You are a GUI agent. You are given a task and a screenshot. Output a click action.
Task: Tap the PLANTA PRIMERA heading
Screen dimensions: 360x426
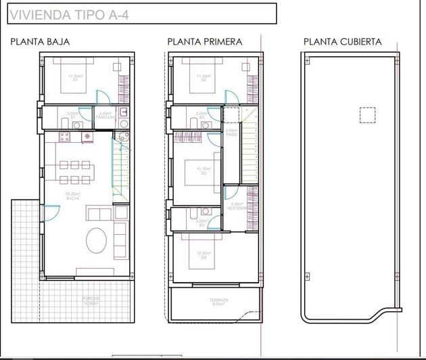pyautogui.click(x=205, y=42)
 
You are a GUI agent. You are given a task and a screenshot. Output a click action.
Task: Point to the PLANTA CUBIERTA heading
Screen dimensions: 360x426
pyautogui.click(x=342, y=42)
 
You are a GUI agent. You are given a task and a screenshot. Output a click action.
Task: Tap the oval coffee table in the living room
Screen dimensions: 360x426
pyautogui.click(x=97, y=240)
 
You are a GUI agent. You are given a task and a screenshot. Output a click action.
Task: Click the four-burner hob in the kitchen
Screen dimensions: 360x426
pyautogui.click(x=66, y=137)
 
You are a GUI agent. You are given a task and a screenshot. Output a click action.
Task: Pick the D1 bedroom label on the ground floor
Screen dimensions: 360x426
pyautogui.click(x=75, y=80)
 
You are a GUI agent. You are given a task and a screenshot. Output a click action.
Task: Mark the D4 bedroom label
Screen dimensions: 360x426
pyautogui.click(x=204, y=257)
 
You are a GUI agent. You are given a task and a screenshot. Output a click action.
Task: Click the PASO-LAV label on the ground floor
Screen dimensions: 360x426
pyautogui.click(x=105, y=116)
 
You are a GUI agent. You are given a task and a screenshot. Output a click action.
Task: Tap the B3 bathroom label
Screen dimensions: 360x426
pyautogui.click(x=201, y=224)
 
